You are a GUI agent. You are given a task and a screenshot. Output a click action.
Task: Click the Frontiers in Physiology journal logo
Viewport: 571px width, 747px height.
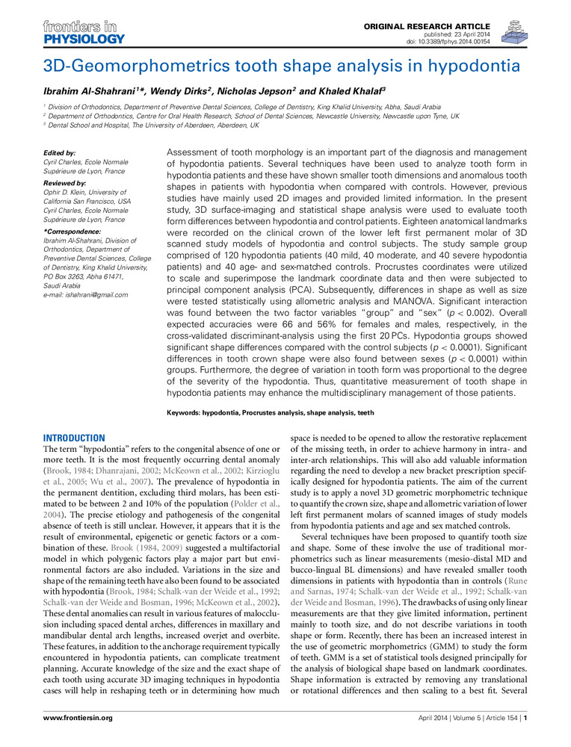click(72, 33)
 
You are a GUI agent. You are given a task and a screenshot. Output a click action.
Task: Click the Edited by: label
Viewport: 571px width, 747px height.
click(61, 153)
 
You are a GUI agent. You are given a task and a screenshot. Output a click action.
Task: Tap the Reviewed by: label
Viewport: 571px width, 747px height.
click(66, 183)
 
